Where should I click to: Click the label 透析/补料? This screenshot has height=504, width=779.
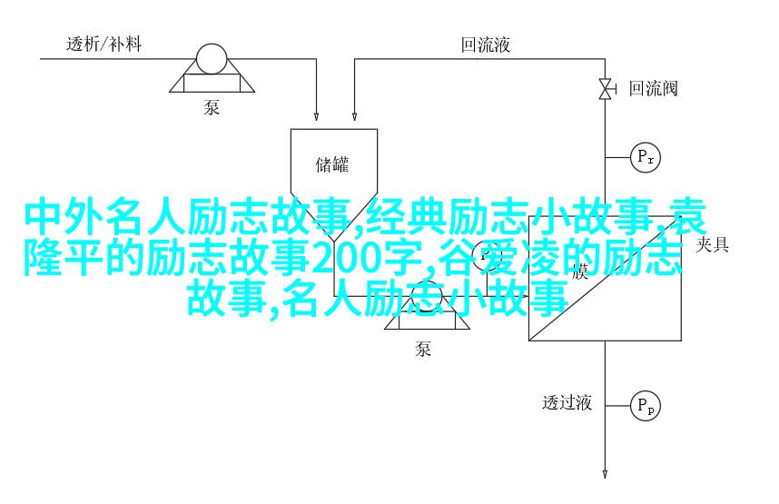[x=104, y=44]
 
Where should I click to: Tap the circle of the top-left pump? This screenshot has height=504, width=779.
[x=212, y=59]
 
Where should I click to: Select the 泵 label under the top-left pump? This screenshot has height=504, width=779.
[x=212, y=107]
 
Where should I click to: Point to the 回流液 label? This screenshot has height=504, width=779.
[x=486, y=44]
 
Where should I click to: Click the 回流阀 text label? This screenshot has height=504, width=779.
[x=653, y=88]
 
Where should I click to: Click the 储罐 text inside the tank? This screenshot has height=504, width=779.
[x=332, y=164]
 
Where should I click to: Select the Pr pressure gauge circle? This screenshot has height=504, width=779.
[x=646, y=158]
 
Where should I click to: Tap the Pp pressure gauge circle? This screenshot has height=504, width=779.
[x=646, y=406]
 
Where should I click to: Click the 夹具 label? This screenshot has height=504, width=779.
[x=712, y=244]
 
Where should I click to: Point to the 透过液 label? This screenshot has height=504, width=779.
[x=567, y=402]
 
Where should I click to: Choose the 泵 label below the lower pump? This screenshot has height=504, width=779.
[x=423, y=350]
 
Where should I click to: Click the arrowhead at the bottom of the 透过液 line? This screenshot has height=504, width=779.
[x=605, y=474]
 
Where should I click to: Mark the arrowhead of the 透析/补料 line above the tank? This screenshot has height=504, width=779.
[x=316, y=115]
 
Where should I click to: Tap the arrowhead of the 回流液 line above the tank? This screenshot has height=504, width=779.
[x=354, y=115]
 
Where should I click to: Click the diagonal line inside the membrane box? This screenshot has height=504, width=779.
[x=605, y=279]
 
